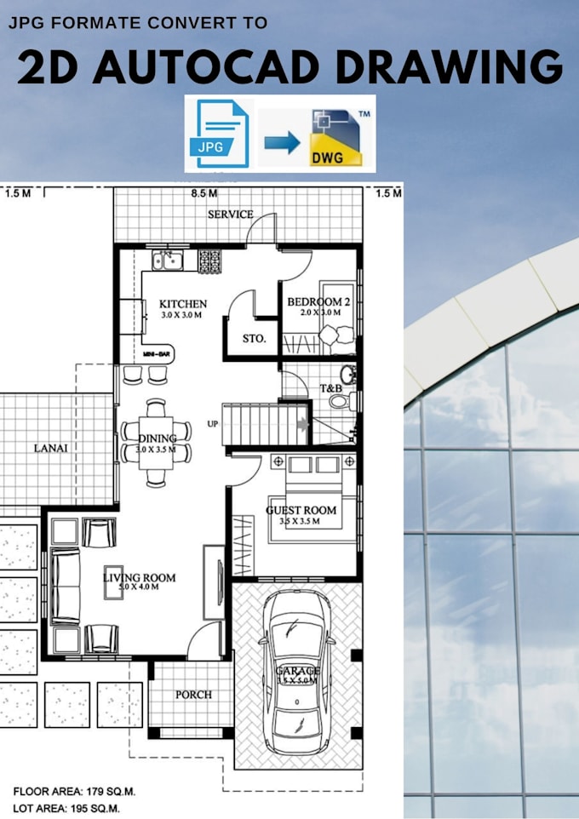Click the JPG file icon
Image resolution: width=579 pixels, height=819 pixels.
click(221, 134)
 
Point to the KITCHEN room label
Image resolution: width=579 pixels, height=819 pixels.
click(182, 304)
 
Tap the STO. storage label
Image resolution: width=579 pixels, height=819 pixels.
click(255, 338)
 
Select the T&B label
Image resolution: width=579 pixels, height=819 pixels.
click(330, 390)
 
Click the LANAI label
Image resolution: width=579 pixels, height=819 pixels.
click(52, 446)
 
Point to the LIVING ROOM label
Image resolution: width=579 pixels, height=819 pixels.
click(139, 578)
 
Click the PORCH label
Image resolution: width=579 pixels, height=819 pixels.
click(193, 694)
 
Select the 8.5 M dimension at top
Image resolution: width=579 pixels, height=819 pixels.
click(204, 194)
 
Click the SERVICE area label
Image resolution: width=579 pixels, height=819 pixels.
click(230, 214)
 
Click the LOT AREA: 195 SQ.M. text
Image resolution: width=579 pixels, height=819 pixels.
click(66, 807)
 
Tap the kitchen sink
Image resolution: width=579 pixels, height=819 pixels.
click(169, 259)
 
